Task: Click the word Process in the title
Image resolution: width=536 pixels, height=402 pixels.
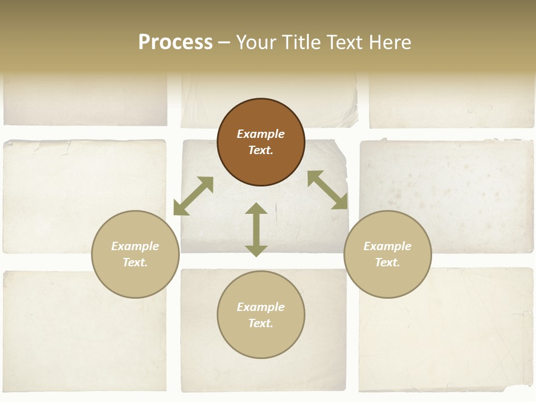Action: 175,42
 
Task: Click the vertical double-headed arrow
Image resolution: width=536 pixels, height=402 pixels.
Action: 256,229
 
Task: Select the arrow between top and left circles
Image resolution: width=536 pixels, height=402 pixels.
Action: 193,196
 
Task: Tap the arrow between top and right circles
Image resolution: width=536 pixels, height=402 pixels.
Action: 328,190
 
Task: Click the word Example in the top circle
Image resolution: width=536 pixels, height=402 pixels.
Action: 261,134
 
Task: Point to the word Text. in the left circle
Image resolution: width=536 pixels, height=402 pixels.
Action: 135,262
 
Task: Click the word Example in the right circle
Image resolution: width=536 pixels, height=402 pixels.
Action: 387,246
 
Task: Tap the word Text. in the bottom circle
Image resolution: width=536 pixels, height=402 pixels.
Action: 261,323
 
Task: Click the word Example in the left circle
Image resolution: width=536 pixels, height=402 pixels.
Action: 135,246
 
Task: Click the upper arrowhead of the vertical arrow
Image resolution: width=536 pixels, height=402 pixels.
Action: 256,209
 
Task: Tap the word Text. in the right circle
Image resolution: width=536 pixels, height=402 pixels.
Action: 387,262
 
